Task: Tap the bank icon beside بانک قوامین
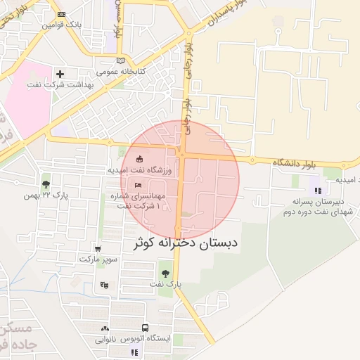[61, 14]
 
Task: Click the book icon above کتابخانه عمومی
[121, 60]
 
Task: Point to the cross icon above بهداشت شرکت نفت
[60, 74]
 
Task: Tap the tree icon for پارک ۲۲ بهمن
[46, 184]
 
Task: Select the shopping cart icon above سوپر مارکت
[97, 248]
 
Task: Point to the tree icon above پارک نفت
[165, 273]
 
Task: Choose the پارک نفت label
[165, 284]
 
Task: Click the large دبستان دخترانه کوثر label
[186, 243]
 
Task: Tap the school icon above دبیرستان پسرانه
[318, 190]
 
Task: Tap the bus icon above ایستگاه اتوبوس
[145, 328]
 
